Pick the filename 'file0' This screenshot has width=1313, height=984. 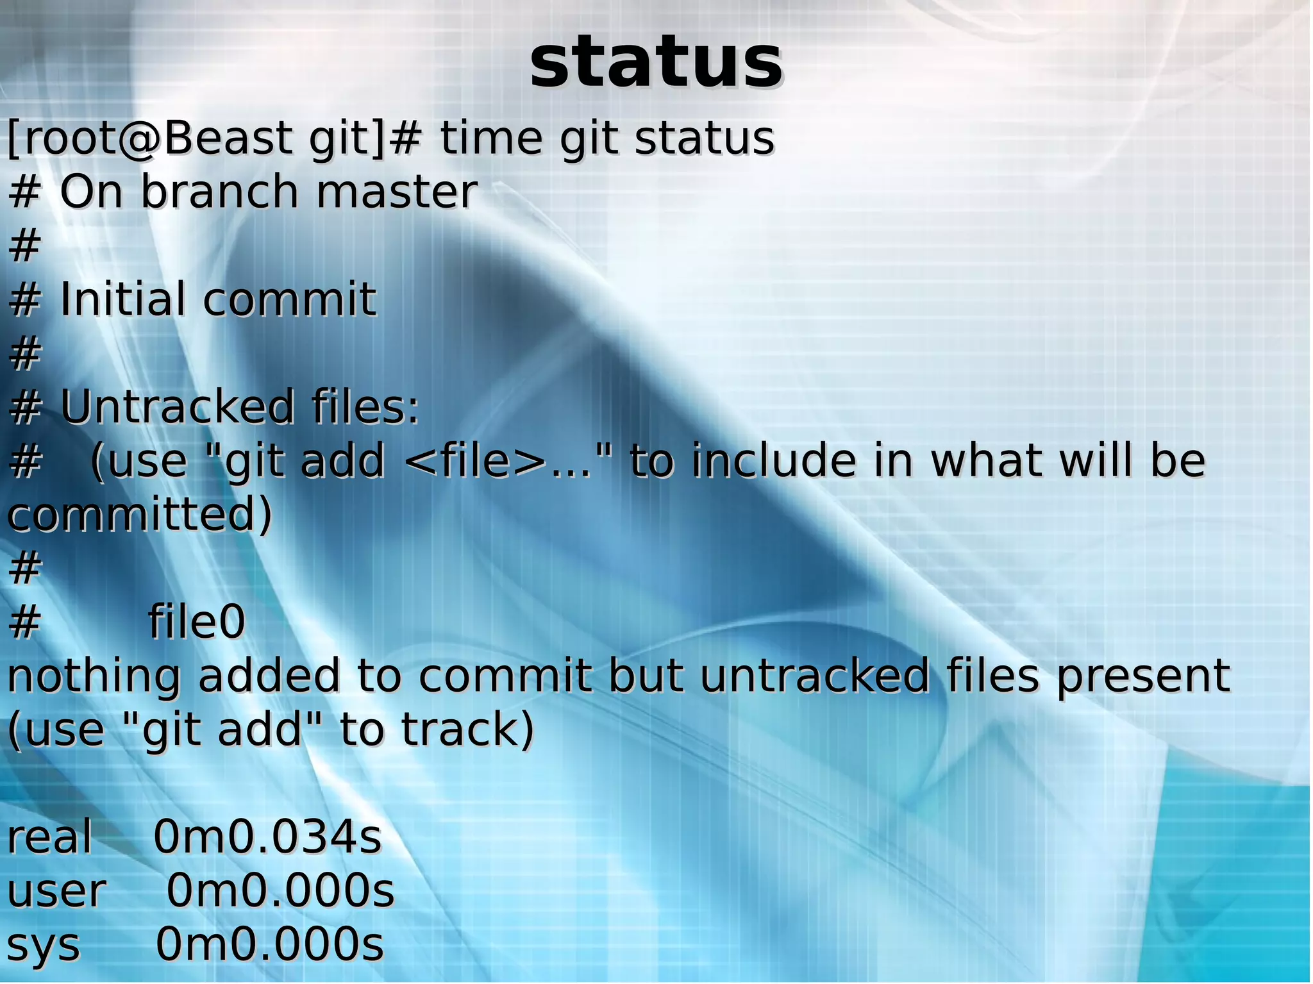coord(196,622)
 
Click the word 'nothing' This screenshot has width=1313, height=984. coord(94,677)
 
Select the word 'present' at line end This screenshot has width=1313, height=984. coord(1142,677)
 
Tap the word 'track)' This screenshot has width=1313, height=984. coord(467,731)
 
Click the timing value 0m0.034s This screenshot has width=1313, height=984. coord(267,838)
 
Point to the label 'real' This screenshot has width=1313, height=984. coord(49,838)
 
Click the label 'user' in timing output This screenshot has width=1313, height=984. coord(56,892)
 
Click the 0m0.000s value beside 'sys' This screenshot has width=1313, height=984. coord(270,945)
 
